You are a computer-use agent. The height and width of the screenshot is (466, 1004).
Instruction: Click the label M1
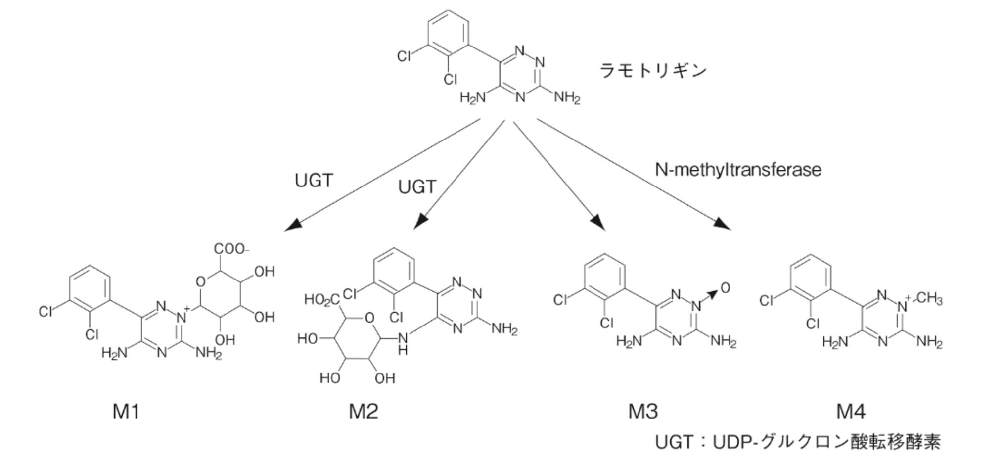click(x=126, y=411)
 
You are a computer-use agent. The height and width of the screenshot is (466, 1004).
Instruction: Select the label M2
click(x=364, y=411)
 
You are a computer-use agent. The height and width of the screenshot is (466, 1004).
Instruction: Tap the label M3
click(x=643, y=411)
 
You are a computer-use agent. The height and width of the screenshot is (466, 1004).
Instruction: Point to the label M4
click(x=851, y=411)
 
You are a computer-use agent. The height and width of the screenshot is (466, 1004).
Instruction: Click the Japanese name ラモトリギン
click(x=653, y=71)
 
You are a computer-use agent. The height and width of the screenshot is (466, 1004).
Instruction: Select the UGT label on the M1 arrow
click(x=314, y=181)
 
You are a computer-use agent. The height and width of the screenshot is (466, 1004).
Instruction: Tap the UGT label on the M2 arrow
click(x=417, y=187)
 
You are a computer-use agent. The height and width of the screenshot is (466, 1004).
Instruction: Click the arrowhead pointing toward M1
click(x=292, y=225)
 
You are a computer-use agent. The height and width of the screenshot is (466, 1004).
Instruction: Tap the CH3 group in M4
click(x=929, y=299)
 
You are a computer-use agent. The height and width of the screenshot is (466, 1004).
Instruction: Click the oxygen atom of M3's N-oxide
click(x=726, y=288)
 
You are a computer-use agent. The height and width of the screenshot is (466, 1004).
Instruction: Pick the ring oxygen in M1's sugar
click(x=200, y=282)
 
